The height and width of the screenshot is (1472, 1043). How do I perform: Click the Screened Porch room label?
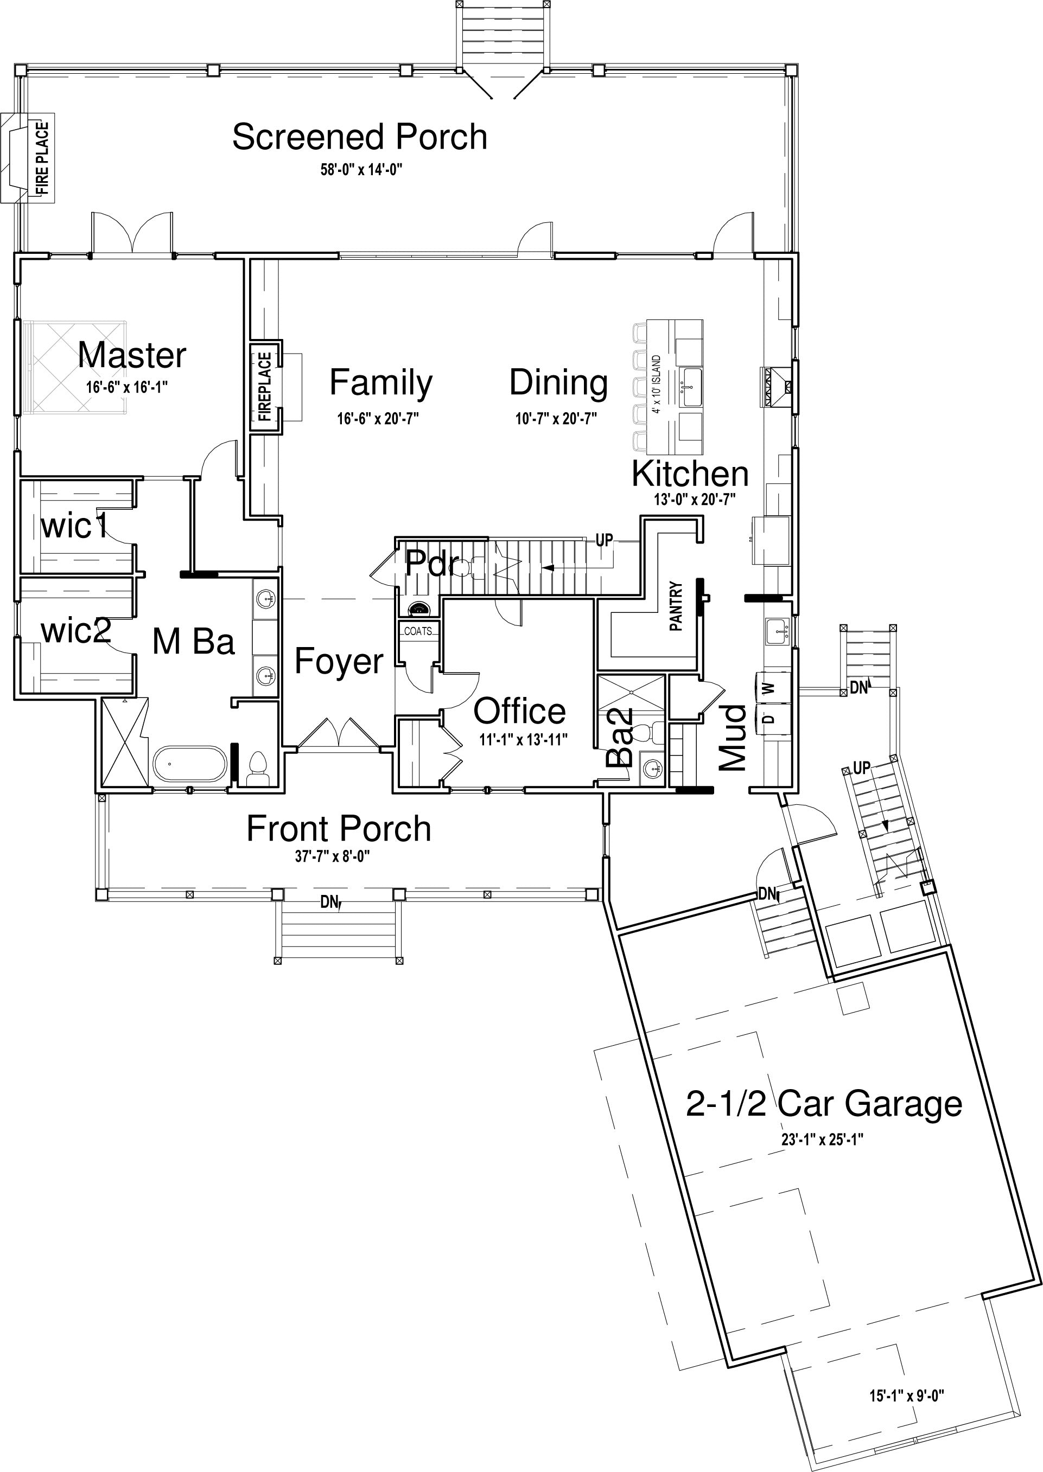coord(360,137)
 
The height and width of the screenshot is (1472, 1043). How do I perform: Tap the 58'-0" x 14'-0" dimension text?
coord(361,170)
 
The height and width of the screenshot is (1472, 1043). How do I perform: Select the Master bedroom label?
coord(132,355)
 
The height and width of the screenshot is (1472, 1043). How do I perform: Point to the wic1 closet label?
coord(74,527)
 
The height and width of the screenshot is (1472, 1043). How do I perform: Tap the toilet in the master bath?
coord(258,768)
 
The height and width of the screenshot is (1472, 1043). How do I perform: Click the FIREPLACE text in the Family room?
coord(265,387)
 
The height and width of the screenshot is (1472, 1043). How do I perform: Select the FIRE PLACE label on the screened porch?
coord(42,158)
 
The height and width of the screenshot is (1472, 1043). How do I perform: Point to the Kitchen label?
coord(690,473)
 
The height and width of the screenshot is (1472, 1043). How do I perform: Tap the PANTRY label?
coord(676,606)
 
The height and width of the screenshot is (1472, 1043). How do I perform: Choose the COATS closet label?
coord(418,631)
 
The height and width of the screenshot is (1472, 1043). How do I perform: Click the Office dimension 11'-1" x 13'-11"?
coord(524,740)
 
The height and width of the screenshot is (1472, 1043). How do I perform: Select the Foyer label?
coord(339,662)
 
